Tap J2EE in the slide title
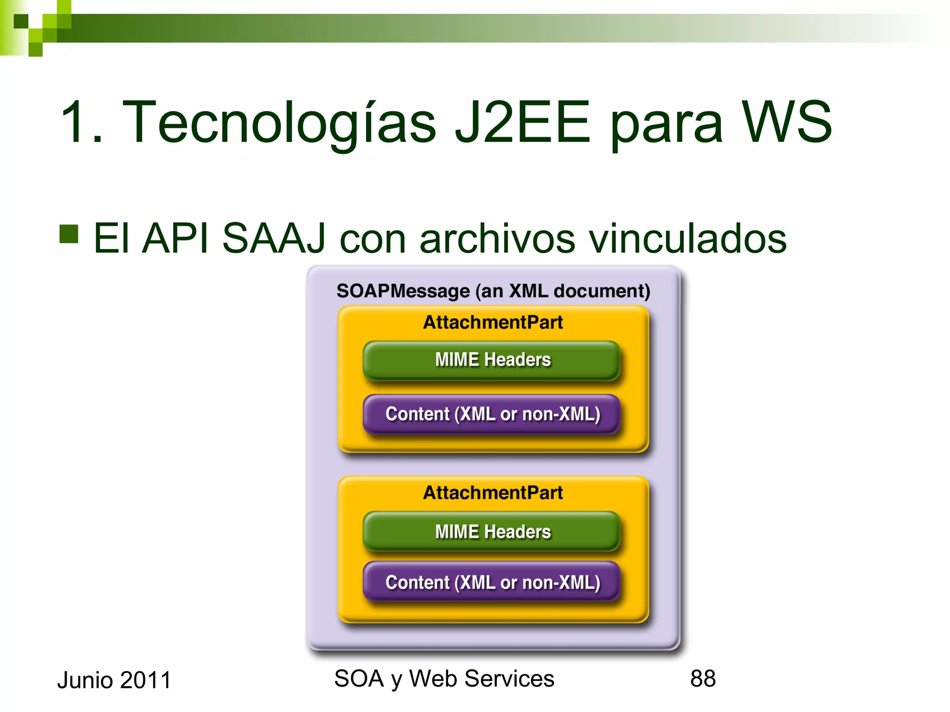pyautogui.click(x=522, y=122)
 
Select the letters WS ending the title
pyautogui.click(x=786, y=122)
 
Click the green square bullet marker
pyautogui.click(x=69, y=234)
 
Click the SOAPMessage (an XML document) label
pyautogui.click(x=493, y=291)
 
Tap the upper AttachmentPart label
pyautogui.click(x=493, y=322)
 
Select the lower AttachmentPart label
pyautogui.click(x=493, y=493)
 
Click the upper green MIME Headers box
pyautogui.click(x=492, y=360)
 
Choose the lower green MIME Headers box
pyautogui.click(x=492, y=532)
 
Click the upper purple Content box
pyautogui.click(x=492, y=414)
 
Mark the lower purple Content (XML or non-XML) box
pyautogui.click(x=492, y=582)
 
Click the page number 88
pyautogui.click(x=703, y=679)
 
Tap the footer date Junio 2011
pyautogui.click(x=114, y=680)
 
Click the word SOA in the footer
pyautogui.click(x=359, y=679)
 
